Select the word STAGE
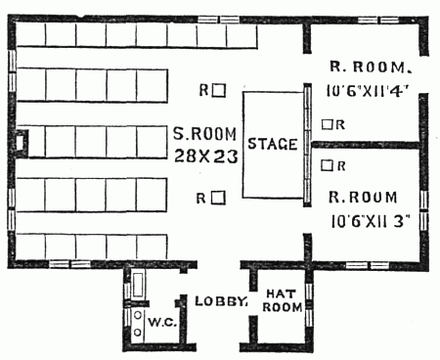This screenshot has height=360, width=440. coord(272,144)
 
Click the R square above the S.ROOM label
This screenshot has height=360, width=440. coord(220,90)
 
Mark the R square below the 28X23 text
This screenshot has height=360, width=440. coord(220,197)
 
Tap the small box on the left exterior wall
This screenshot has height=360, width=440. coord(23,144)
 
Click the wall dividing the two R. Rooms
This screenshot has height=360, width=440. coord(367,145)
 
